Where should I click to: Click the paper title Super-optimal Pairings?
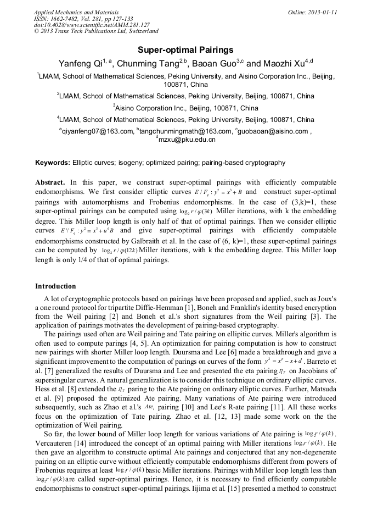tap(185, 49)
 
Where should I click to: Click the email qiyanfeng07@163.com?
tap(97, 131)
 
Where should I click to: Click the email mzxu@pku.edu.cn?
tap(187, 140)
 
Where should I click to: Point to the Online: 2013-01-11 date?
tap(313, 12)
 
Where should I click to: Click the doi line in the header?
tap(92, 25)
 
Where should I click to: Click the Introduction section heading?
tap(55, 286)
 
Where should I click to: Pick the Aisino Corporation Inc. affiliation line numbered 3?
tap(187, 108)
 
